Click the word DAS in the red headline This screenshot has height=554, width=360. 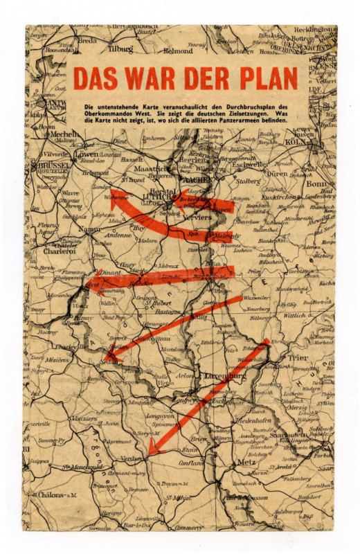pos(95,78)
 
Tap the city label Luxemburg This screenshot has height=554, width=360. pos(226,376)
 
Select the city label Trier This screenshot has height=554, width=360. pos(298,358)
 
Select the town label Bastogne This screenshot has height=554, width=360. pos(168,313)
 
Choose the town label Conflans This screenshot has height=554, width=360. pos(192,464)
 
